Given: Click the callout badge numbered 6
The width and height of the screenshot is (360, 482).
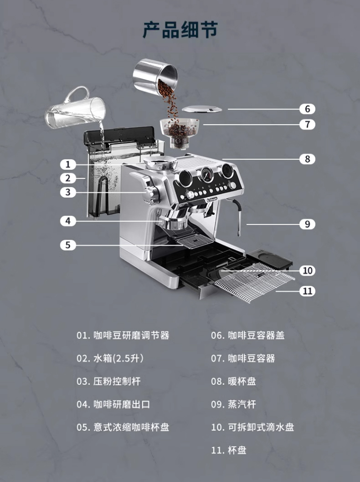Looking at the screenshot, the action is point(307,109).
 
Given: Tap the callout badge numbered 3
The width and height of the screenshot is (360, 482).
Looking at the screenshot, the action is point(68,192).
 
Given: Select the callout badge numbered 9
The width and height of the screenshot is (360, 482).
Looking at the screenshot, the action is point(307,224).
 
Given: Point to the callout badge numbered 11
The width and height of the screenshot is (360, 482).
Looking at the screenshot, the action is point(308,291).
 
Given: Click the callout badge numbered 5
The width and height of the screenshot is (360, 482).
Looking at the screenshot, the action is point(68,245).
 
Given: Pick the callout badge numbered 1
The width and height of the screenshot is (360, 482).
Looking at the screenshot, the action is point(68,164).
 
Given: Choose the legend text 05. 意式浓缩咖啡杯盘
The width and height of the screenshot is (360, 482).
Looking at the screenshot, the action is point(123,427).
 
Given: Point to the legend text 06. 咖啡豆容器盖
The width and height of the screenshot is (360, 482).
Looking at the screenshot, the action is point(247,335).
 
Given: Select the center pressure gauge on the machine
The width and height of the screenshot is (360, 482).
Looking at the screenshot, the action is point(206,175).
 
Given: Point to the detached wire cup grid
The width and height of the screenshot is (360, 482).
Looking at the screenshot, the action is point(253,282).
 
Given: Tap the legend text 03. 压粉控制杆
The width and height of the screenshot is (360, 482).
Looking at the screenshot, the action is point(112,381).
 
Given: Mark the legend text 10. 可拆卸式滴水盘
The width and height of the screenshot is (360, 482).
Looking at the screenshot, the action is point(252,427).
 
